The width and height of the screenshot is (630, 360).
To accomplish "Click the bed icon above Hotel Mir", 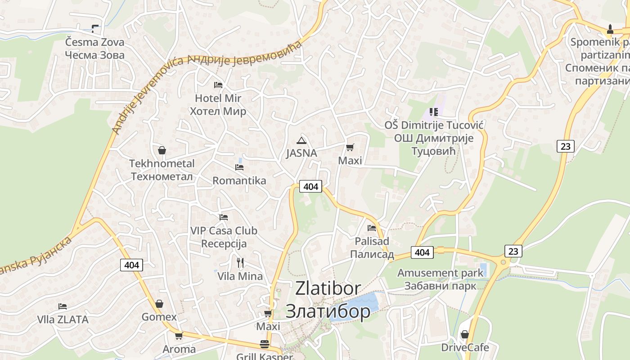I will (218, 85).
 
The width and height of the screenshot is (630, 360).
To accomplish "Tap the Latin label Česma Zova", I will (94, 42).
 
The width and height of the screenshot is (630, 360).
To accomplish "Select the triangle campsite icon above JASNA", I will (301, 140).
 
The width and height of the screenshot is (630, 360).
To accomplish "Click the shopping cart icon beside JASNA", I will (350, 147).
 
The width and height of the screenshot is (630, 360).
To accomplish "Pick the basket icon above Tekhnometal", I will (162, 150).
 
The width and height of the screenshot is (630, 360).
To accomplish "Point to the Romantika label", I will (239, 181).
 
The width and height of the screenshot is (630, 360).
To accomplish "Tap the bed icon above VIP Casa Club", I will (224, 217).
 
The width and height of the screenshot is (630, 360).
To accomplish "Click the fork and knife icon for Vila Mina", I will (240, 262).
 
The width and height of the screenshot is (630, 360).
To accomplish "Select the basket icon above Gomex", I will (159, 304).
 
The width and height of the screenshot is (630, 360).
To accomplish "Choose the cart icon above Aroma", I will (179, 336).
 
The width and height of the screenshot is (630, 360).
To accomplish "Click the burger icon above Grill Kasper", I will (265, 344).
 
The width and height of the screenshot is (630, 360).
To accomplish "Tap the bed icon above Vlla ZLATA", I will (63, 306).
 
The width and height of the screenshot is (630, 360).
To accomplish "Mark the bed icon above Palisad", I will (371, 228).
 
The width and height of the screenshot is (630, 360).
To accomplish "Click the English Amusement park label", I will (440, 273).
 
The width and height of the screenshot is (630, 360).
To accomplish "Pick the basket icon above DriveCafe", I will (464, 334).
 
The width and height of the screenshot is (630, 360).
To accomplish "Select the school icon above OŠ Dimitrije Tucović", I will (433, 112).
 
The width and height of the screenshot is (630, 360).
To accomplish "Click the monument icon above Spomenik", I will (610, 29).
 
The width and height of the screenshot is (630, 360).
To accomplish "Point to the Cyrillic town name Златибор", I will (328, 311).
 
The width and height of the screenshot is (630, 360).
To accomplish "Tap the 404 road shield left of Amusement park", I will (422, 252).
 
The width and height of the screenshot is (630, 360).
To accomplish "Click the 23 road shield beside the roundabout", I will (513, 251).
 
